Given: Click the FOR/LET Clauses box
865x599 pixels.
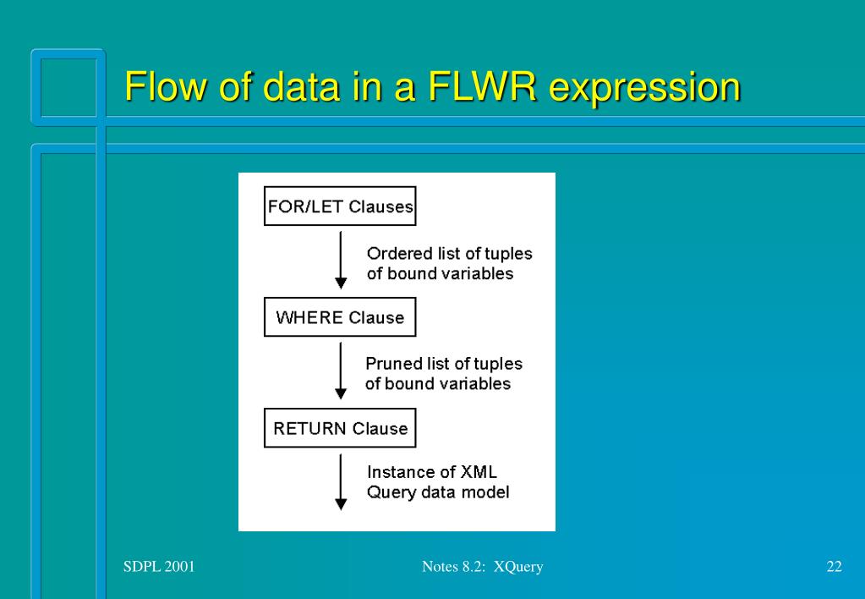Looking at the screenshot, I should tap(340, 207).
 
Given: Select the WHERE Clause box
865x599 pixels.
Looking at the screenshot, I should tap(340, 318).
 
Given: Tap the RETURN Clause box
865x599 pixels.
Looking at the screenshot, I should tap(340, 429).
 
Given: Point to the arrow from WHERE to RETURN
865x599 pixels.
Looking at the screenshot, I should tap(341, 371).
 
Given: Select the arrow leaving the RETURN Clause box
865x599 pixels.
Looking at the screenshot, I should tap(341, 481).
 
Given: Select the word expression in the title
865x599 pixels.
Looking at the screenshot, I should tap(645, 86).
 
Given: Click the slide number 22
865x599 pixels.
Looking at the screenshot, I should tap(834, 567).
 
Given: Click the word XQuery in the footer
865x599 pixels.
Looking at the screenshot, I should tap(517, 567).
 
